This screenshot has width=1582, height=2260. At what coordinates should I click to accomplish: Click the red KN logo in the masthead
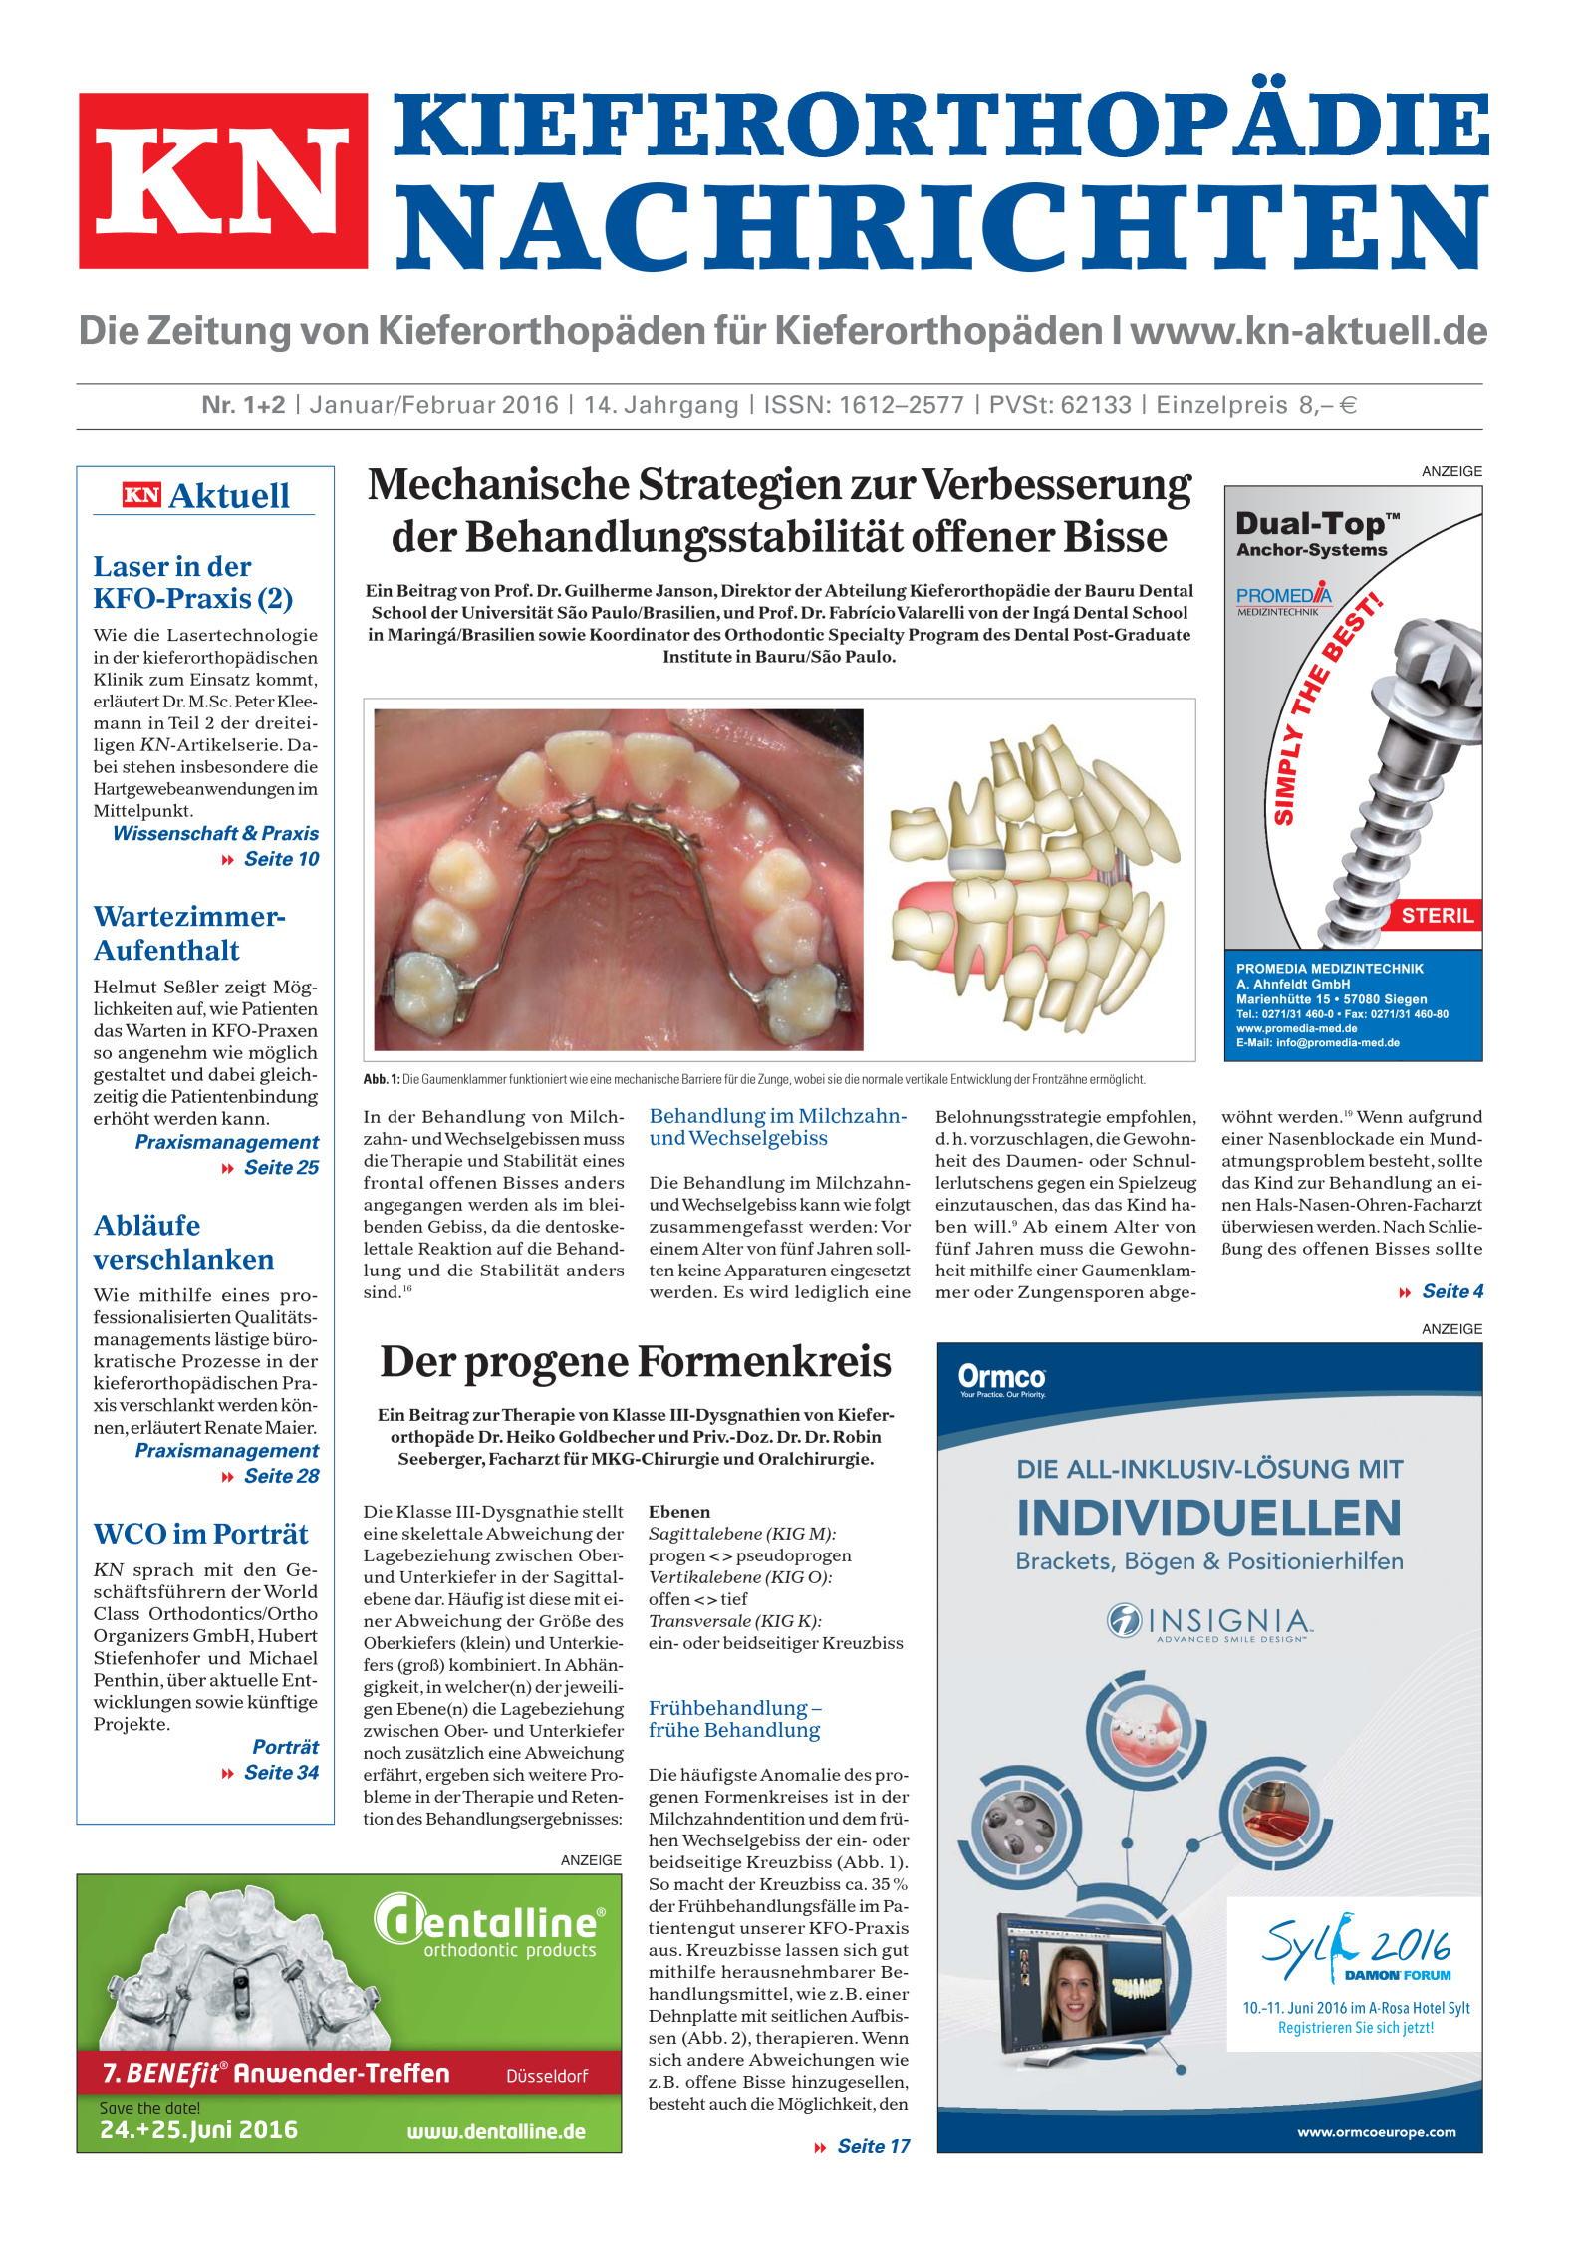pyautogui.click(x=223, y=180)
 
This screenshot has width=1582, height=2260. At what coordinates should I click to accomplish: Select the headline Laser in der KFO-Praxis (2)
pyautogui.click(x=192, y=582)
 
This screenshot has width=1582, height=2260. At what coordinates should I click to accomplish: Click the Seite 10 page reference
pyautogui.click(x=281, y=859)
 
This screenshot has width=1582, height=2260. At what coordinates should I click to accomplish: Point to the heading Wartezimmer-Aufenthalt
pyautogui.click(x=189, y=933)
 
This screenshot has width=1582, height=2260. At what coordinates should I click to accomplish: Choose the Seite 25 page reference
pyautogui.click(x=281, y=1167)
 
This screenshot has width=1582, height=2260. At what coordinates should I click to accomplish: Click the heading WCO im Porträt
pyautogui.click(x=200, y=1534)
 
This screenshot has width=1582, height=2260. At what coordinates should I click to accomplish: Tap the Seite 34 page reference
pyautogui.click(x=281, y=1773)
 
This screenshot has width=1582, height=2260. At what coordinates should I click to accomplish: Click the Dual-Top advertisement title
pyautogui.click(x=1316, y=527)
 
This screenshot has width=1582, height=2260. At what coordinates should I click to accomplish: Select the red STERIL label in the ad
pyautogui.click(x=1437, y=916)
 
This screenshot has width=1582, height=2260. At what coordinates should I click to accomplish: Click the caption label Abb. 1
pyautogui.click(x=381, y=1079)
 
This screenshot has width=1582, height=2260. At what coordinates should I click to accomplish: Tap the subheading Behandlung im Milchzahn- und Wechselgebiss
pyautogui.click(x=777, y=1127)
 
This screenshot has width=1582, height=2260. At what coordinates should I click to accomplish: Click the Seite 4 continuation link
pyautogui.click(x=1451, y=1291)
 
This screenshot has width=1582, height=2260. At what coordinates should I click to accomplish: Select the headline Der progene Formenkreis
pyautogui.click(x=636, y=1362)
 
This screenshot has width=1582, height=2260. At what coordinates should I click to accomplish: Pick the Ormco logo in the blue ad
pyautogui.click(x=1001, y=1378)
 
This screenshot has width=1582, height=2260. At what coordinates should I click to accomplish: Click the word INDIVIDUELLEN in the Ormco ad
pyautogui.click(x=1208, y=1519)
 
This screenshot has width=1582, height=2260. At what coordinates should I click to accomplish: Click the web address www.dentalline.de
pyautogui.click(x=496, y=2131)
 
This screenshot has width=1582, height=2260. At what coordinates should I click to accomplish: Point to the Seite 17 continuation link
pyautogui.click(x=873, y=2146)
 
